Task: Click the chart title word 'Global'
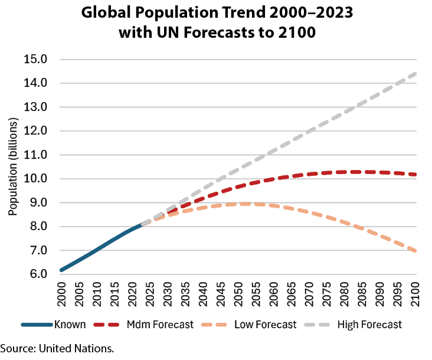[x=106, y=12]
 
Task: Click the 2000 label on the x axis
[x=61, y=294]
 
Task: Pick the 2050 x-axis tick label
[x=238, y=294]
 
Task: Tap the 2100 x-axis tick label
[x=415, y=294]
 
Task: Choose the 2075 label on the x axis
[x=326, y=294]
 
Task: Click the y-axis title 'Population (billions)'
[x=12, y=166]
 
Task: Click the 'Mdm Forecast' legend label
[x=160, y=325]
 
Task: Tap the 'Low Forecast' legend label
[x=266, y=325]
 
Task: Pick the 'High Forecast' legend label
[x=369, y=325]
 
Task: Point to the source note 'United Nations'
[x=76, y=349]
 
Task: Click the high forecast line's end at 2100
[x=415, y=74]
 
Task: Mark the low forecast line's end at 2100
[x=415, y=251]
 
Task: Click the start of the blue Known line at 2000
[x=61, y=270]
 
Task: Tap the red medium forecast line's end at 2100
[x=415, y=174]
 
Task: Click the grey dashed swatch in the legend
[x=317, y=325]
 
